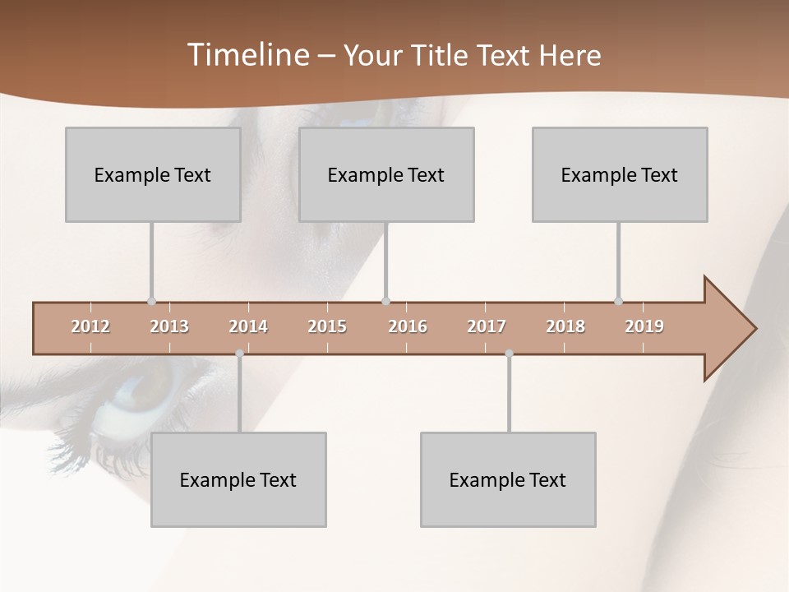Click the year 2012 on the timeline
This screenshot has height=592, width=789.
[90, 327]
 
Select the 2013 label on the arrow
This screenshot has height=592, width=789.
[169, 327]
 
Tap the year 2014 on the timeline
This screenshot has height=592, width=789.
[248, 327]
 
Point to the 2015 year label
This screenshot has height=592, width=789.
[327, 327]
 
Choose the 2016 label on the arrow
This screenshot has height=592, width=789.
[408, 327]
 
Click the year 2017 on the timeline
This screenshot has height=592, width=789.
[487, 327]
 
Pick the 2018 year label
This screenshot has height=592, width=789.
[565, 327]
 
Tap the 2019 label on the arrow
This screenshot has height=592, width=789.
[644, 327]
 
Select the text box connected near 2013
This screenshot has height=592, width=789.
[153, 174]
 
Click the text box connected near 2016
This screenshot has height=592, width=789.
[386, 174]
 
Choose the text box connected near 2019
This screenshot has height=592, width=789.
[620, 174]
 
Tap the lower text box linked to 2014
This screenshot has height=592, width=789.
[238, 479]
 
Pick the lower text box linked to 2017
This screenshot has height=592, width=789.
[508, 479]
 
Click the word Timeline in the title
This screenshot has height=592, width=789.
[247, 55]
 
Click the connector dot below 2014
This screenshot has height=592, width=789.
[239, 354]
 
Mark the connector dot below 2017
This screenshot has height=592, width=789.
[509, 354]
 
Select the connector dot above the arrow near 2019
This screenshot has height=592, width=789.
[618, 301]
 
